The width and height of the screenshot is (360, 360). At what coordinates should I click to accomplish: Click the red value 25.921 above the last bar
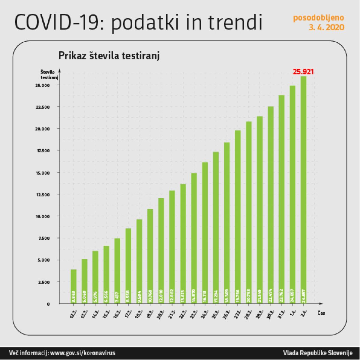point(303,72)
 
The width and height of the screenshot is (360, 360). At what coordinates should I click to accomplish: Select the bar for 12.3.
point(73,286)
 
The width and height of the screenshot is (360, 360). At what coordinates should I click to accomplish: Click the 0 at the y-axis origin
point(48,304)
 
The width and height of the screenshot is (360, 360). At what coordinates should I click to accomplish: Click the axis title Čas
point(321,313)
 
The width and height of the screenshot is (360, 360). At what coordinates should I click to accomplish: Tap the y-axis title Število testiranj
point(49,75)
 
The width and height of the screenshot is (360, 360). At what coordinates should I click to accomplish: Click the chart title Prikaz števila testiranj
point(109,56)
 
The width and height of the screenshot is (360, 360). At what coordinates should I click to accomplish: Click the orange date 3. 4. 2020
point(326,28)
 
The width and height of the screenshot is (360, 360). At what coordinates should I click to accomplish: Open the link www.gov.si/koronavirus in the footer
point(82,353)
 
